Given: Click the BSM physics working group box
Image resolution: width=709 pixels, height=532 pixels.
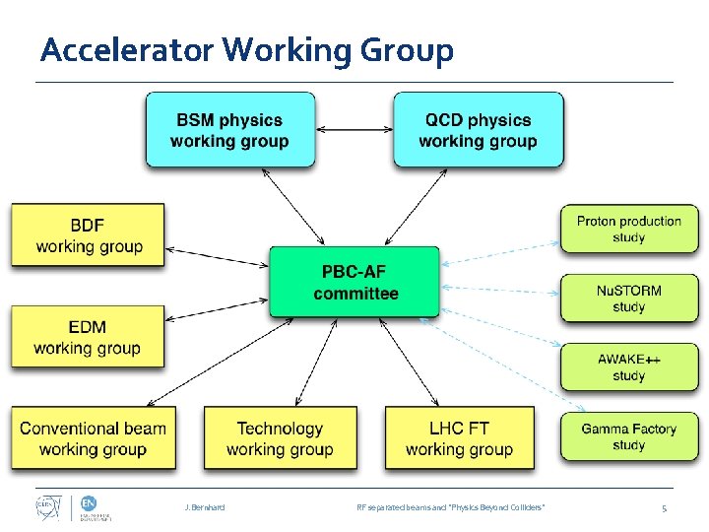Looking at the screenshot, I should pos(230,129).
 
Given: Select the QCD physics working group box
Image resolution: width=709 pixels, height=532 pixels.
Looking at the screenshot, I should pos(479,129).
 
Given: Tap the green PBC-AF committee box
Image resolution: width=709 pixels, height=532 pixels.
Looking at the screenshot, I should pos(354,282).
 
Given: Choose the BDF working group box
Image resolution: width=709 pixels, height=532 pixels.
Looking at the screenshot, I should pos(89,234).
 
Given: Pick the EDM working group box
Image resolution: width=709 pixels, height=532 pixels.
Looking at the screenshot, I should pos(89,337).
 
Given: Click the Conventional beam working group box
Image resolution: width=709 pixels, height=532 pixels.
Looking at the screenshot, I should pos(94,438).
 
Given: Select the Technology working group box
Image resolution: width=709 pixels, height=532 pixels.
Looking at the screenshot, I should pos(280,438).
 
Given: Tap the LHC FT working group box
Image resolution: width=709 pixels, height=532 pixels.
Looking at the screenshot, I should pos(459,438).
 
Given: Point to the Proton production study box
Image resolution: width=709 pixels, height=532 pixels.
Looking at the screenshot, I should pos(628,229).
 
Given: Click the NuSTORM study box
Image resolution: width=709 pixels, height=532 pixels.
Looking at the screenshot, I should pos(628,298).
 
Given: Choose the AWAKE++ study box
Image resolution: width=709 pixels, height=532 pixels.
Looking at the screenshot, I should pos(628,366).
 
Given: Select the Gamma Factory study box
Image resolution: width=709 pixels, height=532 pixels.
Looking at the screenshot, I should pos(628,436).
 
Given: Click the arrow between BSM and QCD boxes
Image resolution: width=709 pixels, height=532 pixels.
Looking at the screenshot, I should pos(354,128).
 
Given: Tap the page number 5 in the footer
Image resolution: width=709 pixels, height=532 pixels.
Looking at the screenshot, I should pos(664,507).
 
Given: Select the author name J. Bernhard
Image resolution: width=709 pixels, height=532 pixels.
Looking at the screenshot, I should pos(204,507).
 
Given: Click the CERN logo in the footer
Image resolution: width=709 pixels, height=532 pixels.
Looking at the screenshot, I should pos(43,507).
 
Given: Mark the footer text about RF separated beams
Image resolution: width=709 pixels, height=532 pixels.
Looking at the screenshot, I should pos(450,507).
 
